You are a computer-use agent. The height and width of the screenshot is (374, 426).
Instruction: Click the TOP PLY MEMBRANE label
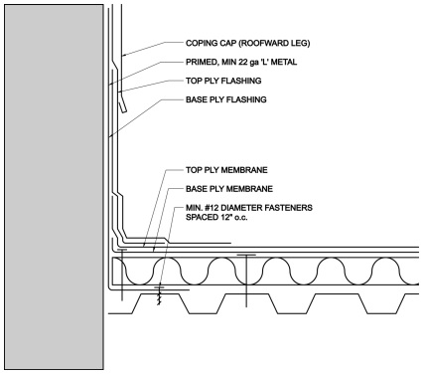229,170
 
